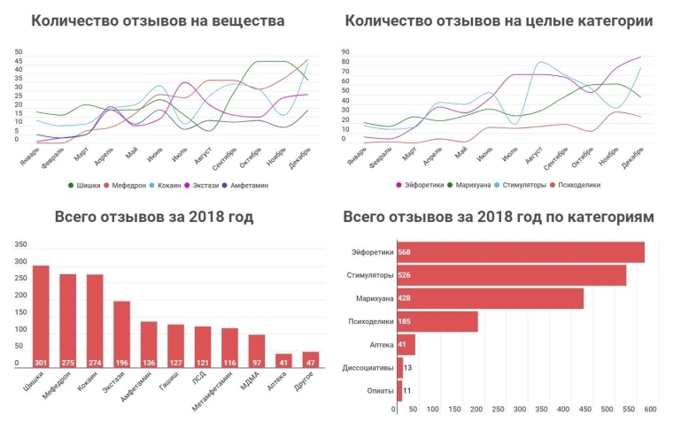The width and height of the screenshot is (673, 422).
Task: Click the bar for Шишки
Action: [x=41, y=317]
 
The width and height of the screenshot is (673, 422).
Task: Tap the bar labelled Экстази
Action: [x=121, y=334]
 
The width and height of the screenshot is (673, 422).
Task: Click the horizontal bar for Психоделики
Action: [x=437, y=321]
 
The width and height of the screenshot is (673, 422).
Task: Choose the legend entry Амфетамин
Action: [x=264, y=186]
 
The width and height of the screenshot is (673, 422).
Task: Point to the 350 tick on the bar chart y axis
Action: [x=21, y=245]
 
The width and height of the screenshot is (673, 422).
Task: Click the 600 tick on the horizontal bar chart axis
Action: [x=649, y=409]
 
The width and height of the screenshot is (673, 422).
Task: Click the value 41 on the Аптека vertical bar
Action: [x=283, y=363]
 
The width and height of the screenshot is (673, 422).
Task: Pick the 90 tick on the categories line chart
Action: [x=346, y=51]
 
